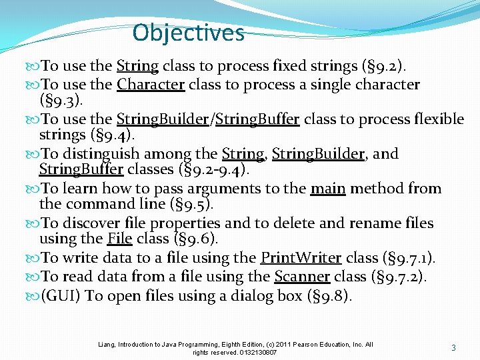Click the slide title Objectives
pos(189,32)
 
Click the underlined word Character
pos(151,85)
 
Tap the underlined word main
pos(328,189)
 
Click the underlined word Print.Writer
pos(301,258)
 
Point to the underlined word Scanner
pos(302,276)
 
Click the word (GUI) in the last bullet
pos(61,295)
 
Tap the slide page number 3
pos(453,347)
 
